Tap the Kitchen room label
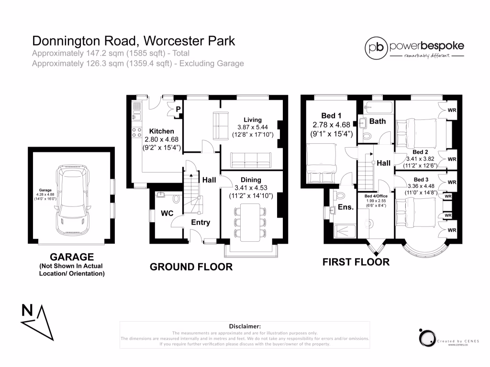[162, 131]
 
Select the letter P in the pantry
[178, 109]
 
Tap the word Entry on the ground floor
[200, 222]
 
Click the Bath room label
[378, 121]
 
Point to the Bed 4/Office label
[376, 196]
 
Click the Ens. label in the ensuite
[345, 207]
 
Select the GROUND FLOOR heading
[191, 267]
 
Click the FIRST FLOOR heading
[356, 262]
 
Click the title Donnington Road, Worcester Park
[134, 41]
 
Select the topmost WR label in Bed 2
[452, 110]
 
